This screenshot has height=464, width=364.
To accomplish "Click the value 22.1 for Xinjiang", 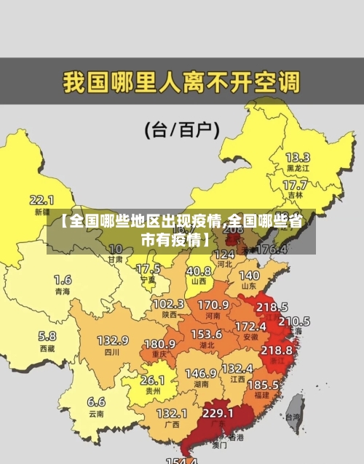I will pyautogui.click(x=41, y=199).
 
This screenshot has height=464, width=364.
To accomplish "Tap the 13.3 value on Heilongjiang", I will pyautogui.click(x=297, y=157).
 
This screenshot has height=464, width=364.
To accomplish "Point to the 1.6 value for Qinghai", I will pyautogui.click(x=63, y=279).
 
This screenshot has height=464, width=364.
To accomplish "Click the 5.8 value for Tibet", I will pyautogui.click(x=47, y=336).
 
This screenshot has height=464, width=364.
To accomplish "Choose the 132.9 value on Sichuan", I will pyautogui.click(x=113, y=340).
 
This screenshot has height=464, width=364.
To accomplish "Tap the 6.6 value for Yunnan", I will pyautogui.click(x=96, y=401).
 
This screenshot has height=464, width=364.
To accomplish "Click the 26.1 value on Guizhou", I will pyautogui.click(x=152, y=380).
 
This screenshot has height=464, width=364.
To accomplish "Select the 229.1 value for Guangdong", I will pyautogui.click(x=218, y=413).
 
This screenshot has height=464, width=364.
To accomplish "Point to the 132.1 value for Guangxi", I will pyautogui.click(x=172, y=413).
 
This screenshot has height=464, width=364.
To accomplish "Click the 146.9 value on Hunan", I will pyautogui.click(x=200, y=373).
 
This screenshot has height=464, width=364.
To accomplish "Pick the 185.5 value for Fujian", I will pyautogui.click(x=263, y=384).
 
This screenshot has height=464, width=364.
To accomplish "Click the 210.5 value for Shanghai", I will pyautogui.click(x=294, y=321).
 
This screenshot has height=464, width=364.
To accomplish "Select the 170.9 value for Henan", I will pyautogui.click(x=213, y=305).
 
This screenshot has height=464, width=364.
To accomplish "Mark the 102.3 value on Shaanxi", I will pyautogui.click(x=168, y=304).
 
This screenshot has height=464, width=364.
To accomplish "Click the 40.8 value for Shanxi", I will pyautogui.click(x=199, y=270).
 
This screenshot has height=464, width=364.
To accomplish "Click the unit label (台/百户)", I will pyautogui.click(x=182, y=129).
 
